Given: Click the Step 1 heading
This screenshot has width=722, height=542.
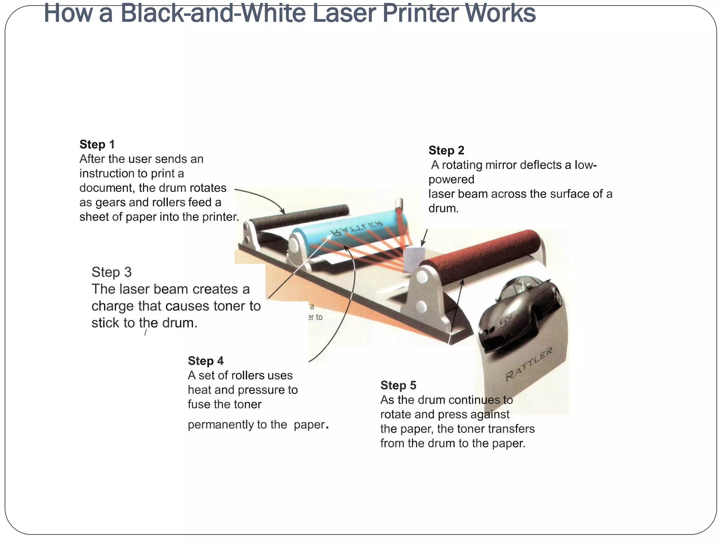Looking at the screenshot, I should tap(97, 144).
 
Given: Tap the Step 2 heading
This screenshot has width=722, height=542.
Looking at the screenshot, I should tap(446, 150).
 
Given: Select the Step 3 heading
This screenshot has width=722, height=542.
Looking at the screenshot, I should tap(111, 272).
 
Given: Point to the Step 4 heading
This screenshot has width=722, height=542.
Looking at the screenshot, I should tap(206, 361).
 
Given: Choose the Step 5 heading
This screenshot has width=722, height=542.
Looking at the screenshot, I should tap(398, 385).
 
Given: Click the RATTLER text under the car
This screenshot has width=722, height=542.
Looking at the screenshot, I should tap(529, 365).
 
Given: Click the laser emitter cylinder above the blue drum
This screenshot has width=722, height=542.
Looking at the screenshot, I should tap(399, 204).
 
